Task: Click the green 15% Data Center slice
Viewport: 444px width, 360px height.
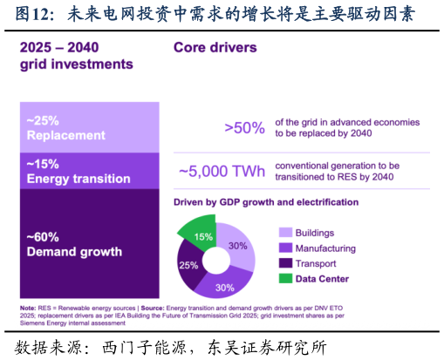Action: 201,234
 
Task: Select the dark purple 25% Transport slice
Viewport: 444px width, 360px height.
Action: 188,266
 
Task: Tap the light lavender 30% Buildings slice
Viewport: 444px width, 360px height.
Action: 238,247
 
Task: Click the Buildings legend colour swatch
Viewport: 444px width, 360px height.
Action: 285,233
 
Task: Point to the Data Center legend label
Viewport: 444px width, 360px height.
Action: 322,279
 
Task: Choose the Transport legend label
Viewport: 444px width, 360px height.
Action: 316,263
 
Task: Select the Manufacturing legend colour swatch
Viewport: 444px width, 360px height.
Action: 285,248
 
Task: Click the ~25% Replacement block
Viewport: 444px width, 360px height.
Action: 90,127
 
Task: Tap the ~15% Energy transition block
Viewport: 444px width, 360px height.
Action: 90,171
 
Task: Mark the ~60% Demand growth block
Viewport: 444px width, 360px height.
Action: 90,243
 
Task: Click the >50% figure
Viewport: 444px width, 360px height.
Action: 244,128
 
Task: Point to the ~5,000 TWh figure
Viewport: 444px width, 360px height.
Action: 222,171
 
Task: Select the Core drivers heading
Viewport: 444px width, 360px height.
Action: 215,48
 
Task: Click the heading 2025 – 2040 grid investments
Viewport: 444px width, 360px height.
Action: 77,56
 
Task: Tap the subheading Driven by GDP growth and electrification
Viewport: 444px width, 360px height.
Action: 266,202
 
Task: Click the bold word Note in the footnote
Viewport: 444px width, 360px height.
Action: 28,308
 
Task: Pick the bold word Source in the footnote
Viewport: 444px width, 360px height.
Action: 153,308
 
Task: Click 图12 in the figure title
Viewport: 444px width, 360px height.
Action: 31,14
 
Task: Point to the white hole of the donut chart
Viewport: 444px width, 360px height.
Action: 216,261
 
